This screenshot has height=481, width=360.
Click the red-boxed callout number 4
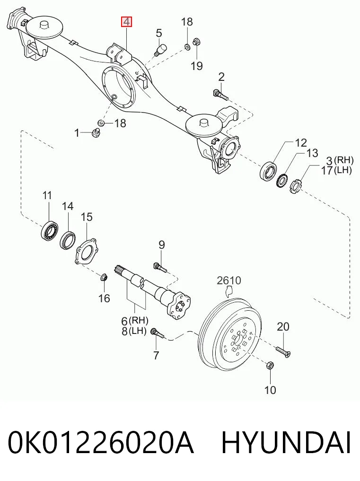(127, 22)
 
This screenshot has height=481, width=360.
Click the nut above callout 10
(270, 366)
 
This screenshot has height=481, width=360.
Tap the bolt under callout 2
(220, 95)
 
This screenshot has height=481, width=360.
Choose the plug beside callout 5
(160, 50)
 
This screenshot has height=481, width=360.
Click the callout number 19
(197, 66)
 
